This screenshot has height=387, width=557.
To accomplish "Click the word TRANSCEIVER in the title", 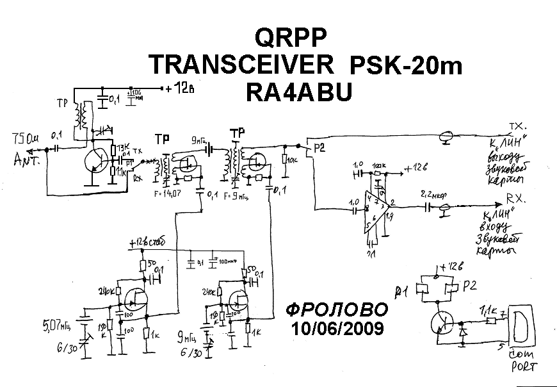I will click(x=241, y=65).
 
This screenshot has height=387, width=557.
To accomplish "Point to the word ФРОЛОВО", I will click(x=337, y=311).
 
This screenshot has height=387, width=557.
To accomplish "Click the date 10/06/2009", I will click(x=337, y=329).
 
